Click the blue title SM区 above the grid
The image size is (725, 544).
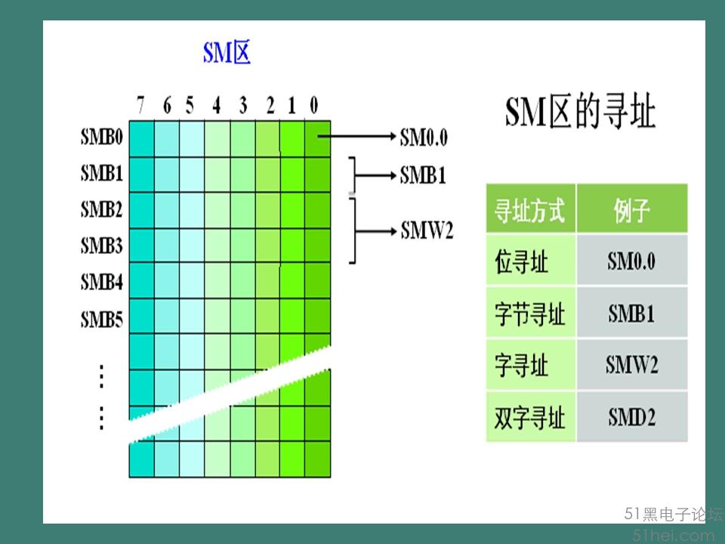click(x=227, y=52)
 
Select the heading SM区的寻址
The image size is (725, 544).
click(x=580, y=112)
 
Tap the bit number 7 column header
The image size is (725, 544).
click(x=140, y=105)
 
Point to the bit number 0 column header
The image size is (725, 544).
click(x=314, y=105)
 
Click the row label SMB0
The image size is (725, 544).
click(x=102, y=137)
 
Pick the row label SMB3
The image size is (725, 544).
click(x=102, y=245)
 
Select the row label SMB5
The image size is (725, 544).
click(x=102, y=319)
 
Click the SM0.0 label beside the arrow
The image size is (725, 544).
click(x=424, y=137)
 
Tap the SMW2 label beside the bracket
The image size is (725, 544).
click(x=427, y=230)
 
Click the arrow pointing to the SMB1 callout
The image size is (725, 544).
click(x=375, y=175)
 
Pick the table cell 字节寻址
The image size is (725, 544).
click(x=529, y=314)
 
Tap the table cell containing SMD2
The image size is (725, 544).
click(x=632, y=417)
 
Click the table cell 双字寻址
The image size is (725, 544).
click(x=531, y=417)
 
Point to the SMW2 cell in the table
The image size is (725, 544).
click(x=632, y=364)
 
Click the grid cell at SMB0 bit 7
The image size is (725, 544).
click(x=141, y=139)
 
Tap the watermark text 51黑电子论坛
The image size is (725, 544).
click(x=673, y=514)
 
